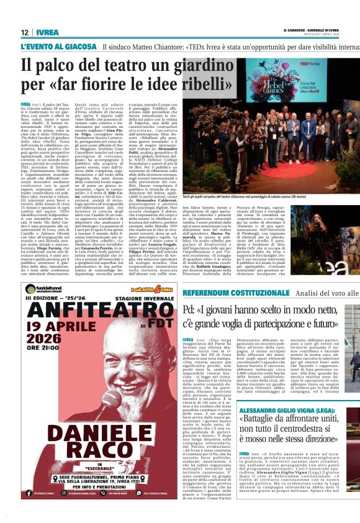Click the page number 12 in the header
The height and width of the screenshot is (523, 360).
click(25, 32)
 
